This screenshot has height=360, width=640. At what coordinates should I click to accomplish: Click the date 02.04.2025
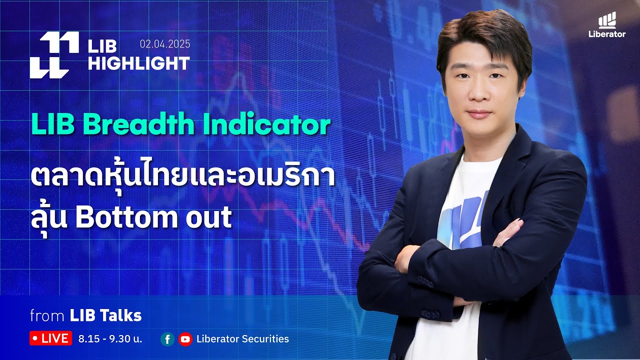point(165,44)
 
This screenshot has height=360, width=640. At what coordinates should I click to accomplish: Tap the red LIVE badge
point(50,338)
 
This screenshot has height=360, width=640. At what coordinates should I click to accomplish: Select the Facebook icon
point(167,339)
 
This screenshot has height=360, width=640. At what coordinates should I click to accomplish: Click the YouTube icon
point(185,339)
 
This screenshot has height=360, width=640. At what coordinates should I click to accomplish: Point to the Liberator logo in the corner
point(607,26)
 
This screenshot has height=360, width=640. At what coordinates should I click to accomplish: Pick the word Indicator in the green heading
point(266,125)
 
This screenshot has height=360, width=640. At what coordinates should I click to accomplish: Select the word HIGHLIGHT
point(139,63)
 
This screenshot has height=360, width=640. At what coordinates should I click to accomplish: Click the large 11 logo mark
point(54,55)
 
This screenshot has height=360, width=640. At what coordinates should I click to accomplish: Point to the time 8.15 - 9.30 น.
point(110,339)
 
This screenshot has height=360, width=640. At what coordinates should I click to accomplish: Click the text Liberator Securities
point(242,339)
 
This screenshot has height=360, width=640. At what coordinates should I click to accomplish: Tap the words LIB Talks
point(105,315)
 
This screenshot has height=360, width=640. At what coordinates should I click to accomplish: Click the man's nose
point(479,95)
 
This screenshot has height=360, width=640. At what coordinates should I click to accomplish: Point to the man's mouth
point(479,113)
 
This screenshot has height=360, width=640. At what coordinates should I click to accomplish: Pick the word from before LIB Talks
point(47,316)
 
